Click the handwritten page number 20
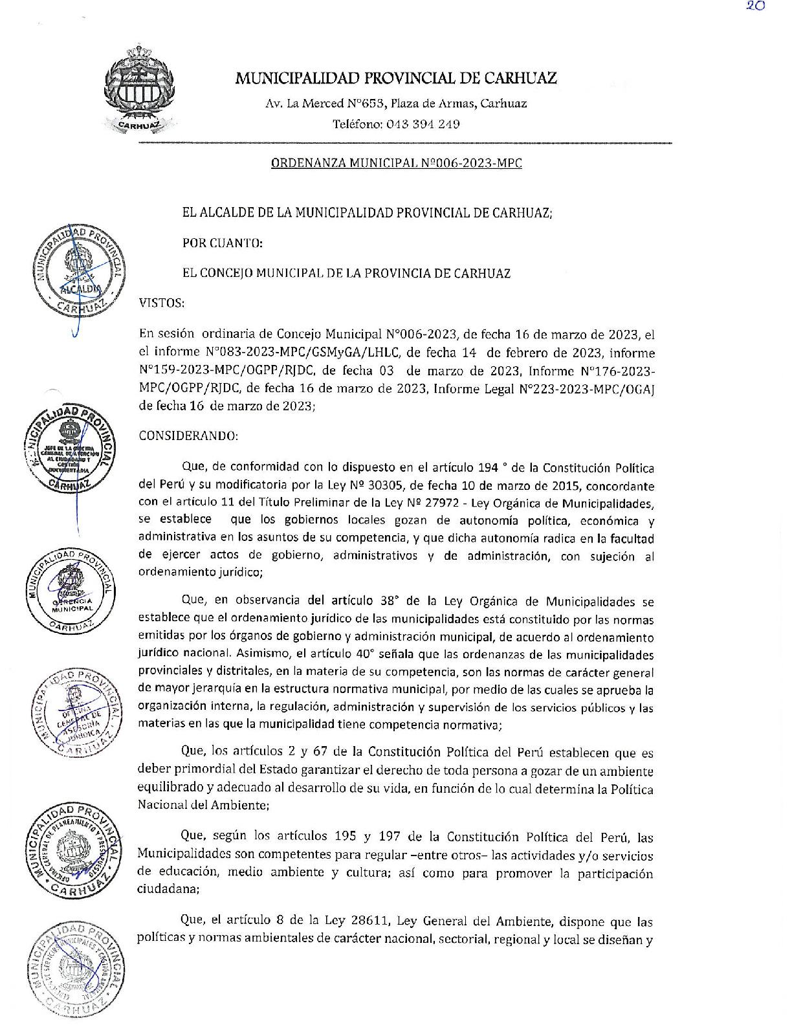click(x=755, y=6)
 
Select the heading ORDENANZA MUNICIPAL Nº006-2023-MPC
click(x=396, y=163)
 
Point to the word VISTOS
click(x=162, y=303)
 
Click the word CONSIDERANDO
click(x=188, y=435)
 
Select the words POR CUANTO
click(x=223, y=243)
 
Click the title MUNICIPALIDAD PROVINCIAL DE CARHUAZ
click(x=395, y=78)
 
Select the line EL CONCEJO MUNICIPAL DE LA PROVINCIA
click(x=346, y=273)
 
